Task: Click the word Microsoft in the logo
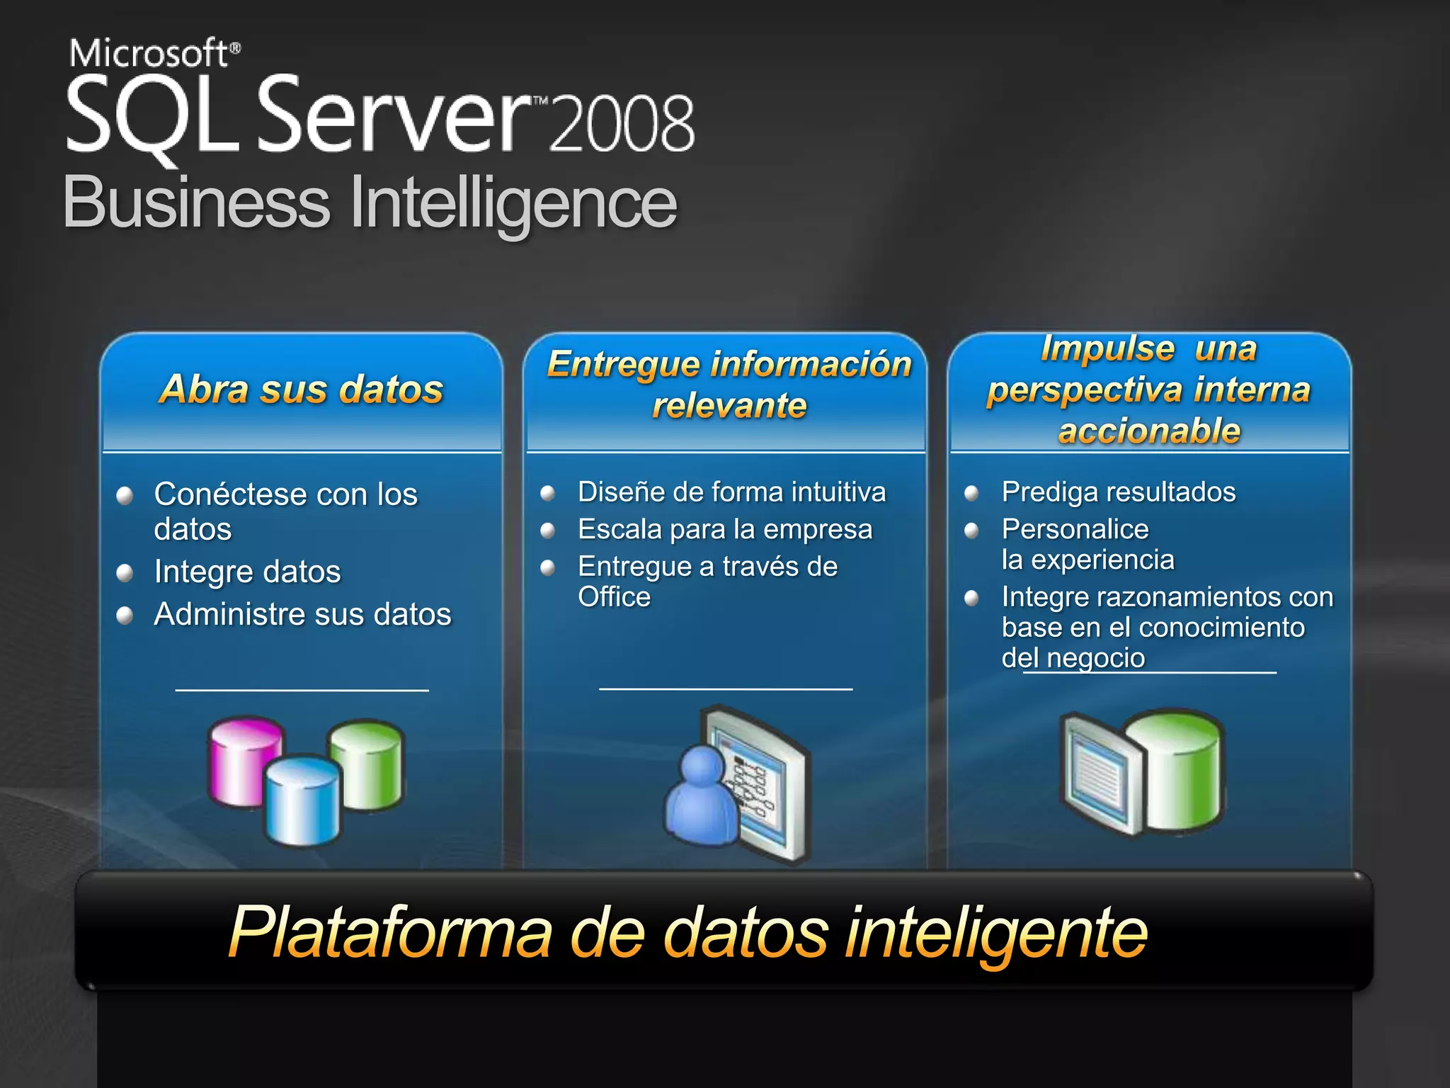pos(149,53)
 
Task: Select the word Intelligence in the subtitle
pos(513,204)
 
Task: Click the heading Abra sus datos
pos(302,389)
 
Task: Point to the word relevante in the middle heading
pos(729,405)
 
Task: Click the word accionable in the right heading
pos(1149,431)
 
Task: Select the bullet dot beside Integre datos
pos(125,572)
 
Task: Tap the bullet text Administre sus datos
pos(302,614)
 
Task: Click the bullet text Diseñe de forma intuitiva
pos(731,492)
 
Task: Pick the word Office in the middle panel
pos(614,596)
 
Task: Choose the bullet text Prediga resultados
pos(1119,492)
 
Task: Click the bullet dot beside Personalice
pos(972,530)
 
